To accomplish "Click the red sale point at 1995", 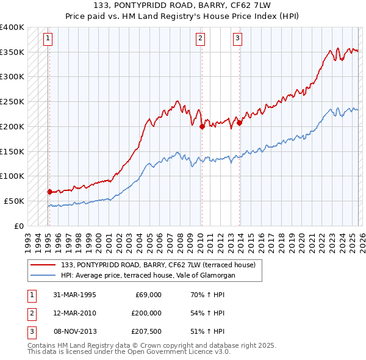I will pyautogui.click(x=49, y=191).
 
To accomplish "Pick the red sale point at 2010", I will pyautogui.click(x=201, y=126).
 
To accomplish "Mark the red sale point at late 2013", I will pyautogui.click(x=239, y=123).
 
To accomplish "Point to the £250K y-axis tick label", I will pyautogui.click(x=12, y=102).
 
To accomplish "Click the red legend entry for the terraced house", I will pyautogui.click(x=162, y=265).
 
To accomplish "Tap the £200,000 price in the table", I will pyautogui.click(x=146, y=313).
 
